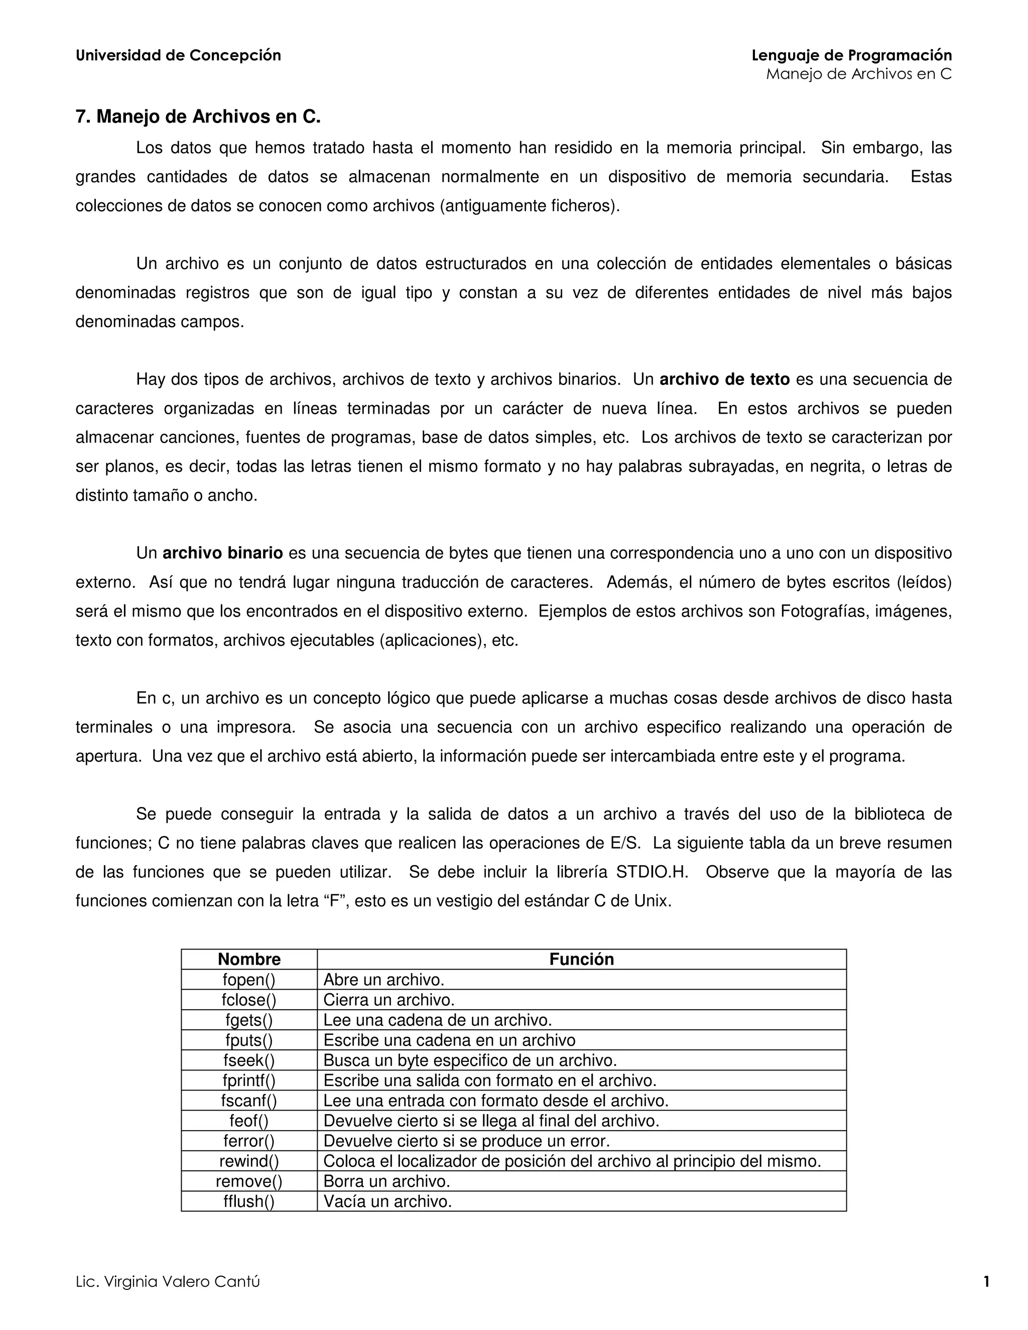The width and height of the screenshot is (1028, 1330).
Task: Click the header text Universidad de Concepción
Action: pos(178,55)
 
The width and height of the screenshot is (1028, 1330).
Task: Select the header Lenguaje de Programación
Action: pos(851,55)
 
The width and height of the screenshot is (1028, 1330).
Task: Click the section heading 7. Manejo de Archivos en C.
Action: pos(198,116)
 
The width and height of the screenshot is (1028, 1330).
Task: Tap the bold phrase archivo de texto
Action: pos(724,379)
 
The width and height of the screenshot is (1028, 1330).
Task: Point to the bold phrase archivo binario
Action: pos(222,553)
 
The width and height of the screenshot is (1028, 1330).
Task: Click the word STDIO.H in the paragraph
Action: pos(652,872)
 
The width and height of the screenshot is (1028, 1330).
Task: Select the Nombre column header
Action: pos(249,959)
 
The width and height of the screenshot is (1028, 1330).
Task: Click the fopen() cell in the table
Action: pos(249,980)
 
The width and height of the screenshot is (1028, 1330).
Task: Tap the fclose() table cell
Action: pos(249,1000)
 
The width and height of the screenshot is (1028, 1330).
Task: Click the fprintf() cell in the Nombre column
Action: pos(249,1081)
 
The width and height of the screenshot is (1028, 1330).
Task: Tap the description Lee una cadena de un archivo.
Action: pos(437,1020)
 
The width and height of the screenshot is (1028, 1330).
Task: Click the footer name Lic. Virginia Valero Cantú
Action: pos(168,1281)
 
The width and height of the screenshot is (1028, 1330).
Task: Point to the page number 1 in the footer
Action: pos(986,1281)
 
